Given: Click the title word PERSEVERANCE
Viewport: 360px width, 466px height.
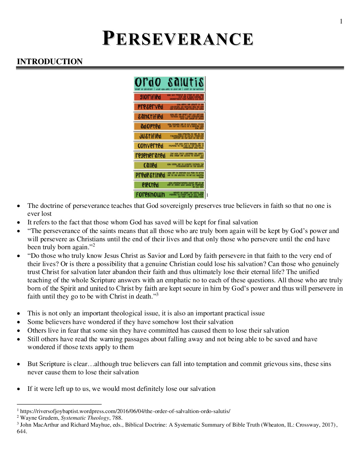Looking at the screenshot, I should pyautogui.click(x=178, y=39).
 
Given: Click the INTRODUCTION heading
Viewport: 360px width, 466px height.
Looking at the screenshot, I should pyautogui.click(x=50, y=62).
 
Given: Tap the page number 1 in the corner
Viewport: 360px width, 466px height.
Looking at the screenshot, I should pyautogui.click(x=341, y=22).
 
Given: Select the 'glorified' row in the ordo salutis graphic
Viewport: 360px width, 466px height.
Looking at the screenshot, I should pyautogui.click(x=169, y=97).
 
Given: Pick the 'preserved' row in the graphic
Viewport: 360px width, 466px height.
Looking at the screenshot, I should pyautogui.click(x=169, y=107).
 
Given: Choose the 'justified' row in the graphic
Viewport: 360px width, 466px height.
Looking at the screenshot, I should pyautogui.click(x=169, y=136).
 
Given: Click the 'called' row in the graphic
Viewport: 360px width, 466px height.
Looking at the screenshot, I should pyautogui.click(x=169, y=165).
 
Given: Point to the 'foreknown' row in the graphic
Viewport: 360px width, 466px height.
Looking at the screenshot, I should pyautogui.click(x=169, y=195).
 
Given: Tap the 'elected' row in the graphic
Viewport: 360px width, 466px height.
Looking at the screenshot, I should pyautogui.click(x=169, y=185).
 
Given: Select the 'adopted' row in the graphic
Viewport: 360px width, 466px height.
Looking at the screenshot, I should pyautogui.click(x=169, y=126).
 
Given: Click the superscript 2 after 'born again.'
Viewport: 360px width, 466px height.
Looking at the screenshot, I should pyautogui.click(x=94, y=245).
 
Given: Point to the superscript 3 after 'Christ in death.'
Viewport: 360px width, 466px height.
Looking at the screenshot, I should pyautogui.click(x=157, y=295).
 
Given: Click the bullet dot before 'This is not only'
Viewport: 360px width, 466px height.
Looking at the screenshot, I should pyautogui.click(x=19, y=313).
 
